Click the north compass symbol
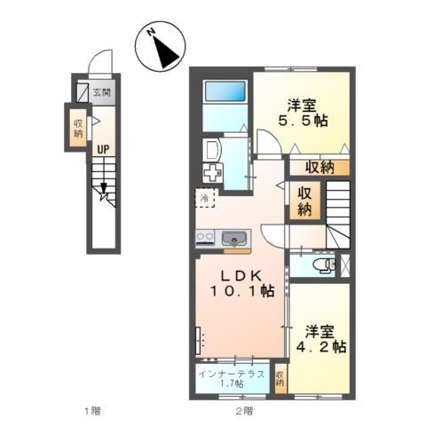coord(161,46)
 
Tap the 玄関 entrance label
coord(102,92)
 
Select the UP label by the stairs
coord(103,150)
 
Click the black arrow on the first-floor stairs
coord(103,188)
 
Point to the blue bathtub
coord(225,91)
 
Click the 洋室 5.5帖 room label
coord(303,114)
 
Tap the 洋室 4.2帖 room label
coord(321,339)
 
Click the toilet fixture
coord(326,264)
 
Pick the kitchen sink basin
coord(234,238)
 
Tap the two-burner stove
coord(205,238)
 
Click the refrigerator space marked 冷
coord(207,198)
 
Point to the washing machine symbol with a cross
coord(212,173)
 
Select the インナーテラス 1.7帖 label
coord(232,379)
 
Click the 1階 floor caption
coord(92,411)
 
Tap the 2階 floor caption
coord(244,411)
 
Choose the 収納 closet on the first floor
coord(78,128)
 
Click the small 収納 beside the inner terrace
coord(280,378)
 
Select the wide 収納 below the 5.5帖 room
coord(319,168)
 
